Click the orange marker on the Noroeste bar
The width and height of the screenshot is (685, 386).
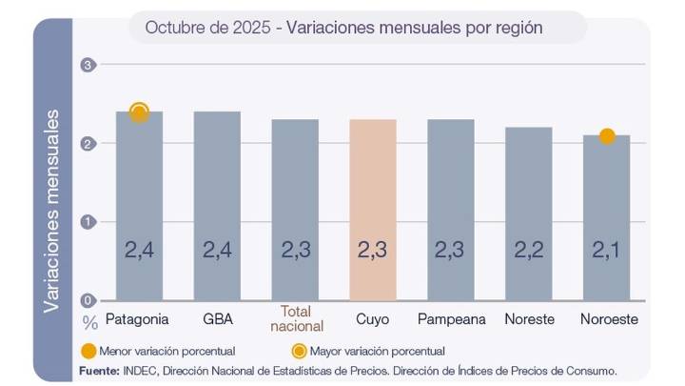click(607, 136)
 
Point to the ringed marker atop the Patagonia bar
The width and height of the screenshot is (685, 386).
click(139, 113)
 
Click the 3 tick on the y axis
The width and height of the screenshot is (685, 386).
click(88, 65)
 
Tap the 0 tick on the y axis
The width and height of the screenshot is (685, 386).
click(88, 300)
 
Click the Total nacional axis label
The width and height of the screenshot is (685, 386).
click(295, 319)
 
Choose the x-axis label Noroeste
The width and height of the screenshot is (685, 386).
click(607, 319)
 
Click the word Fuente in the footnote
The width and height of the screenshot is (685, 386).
click(98, 370)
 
